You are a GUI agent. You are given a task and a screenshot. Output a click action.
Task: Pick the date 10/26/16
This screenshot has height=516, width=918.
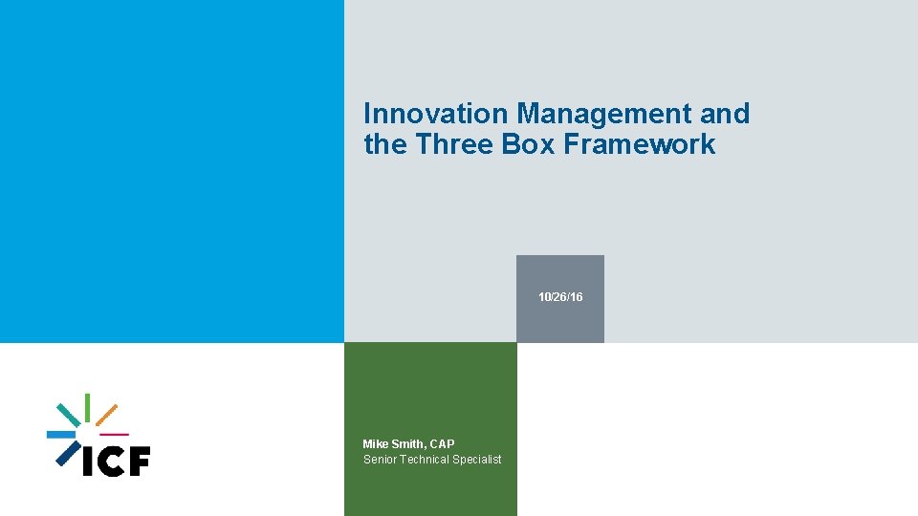pos(560,298)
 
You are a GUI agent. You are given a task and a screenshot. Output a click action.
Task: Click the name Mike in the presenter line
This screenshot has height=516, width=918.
pos(376,444)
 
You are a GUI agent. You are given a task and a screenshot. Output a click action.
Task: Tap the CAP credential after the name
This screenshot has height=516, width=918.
pos(443,444)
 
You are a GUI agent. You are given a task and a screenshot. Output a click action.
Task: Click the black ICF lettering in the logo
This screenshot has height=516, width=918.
pos(117,462)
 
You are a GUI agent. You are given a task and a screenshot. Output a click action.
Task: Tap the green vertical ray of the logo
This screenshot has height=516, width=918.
pos(88,406)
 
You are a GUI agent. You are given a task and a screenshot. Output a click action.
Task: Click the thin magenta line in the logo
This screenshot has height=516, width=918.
pos(114,435)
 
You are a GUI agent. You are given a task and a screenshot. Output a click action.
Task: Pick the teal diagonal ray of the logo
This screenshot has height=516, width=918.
pos(68,414)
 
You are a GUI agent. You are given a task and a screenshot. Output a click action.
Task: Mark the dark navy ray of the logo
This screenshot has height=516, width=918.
pos(66,455)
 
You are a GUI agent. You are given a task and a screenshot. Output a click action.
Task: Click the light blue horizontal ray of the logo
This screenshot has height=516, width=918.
pos(61,435)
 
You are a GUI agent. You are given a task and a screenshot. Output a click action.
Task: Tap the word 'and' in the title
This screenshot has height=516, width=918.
pos(725,114)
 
